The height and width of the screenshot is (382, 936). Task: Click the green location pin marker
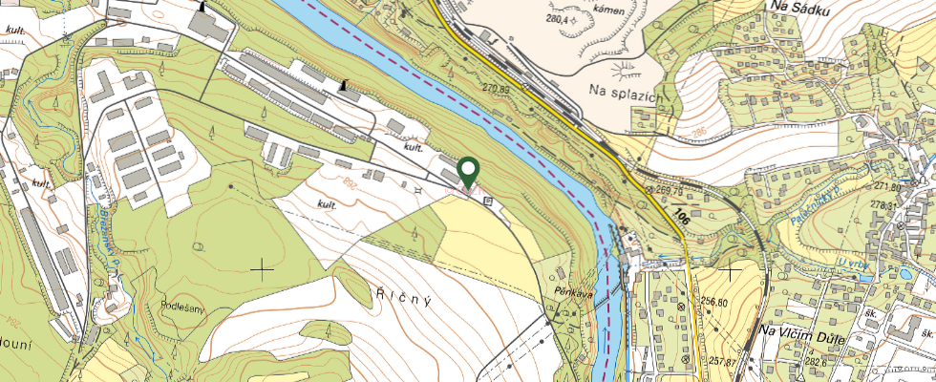point(468,172)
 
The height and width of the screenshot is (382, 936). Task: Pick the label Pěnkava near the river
point(573,294)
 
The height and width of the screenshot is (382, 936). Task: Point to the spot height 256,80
point(721,302)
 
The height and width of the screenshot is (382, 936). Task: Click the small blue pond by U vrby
point(904,273)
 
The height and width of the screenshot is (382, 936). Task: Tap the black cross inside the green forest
point(261,269)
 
